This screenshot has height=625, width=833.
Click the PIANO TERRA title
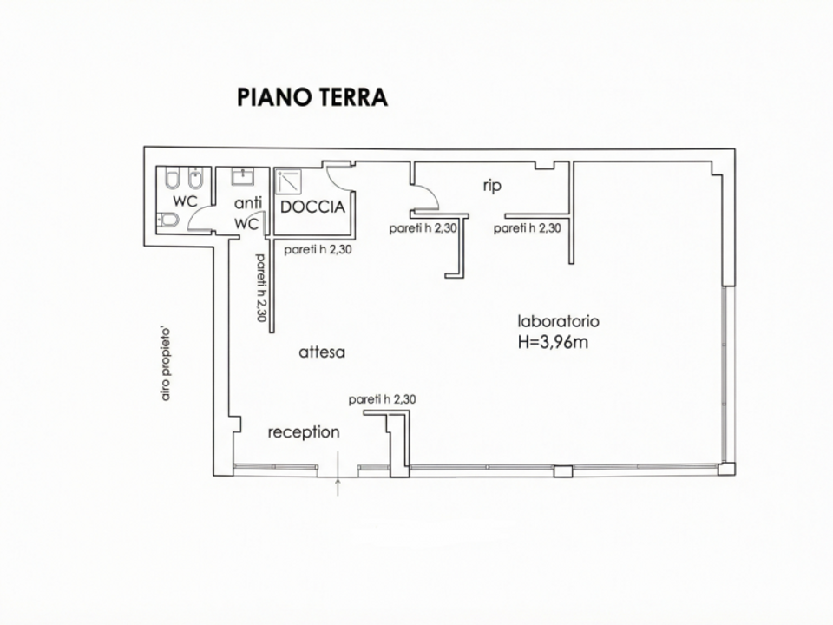pyautogui.click(x=312, y=97)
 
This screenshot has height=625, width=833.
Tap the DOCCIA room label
pyautogui.click(x=313, y=207)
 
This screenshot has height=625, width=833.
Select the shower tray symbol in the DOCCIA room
pyautogui.click(x=289, y=181)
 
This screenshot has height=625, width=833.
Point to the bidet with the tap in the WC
pyautogui.click(x=196, y=179)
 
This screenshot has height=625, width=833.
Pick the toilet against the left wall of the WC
pyautogui.click(x=168, y=220)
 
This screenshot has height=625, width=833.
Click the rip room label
pyautogui.click(x=492, y=186)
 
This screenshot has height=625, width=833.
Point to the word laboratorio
pyautogui.click(x=558, y=321)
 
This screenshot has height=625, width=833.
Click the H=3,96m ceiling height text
pyautogui.click(x=553, y=342)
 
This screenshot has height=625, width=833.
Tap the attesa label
pyautogui.click(x=322, y=352)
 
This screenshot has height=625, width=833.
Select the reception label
pyautogui.click(x=304, y=432)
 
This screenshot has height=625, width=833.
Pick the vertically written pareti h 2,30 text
pyautogui.click(x=261, y=287)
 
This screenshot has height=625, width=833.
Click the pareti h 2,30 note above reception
pyautogui.click(x=383, y=399)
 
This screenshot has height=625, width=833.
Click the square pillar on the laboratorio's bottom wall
pyautogui.click(x=563, y=470)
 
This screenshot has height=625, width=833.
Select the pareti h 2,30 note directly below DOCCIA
pyautogui.click(x=318, y=249)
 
